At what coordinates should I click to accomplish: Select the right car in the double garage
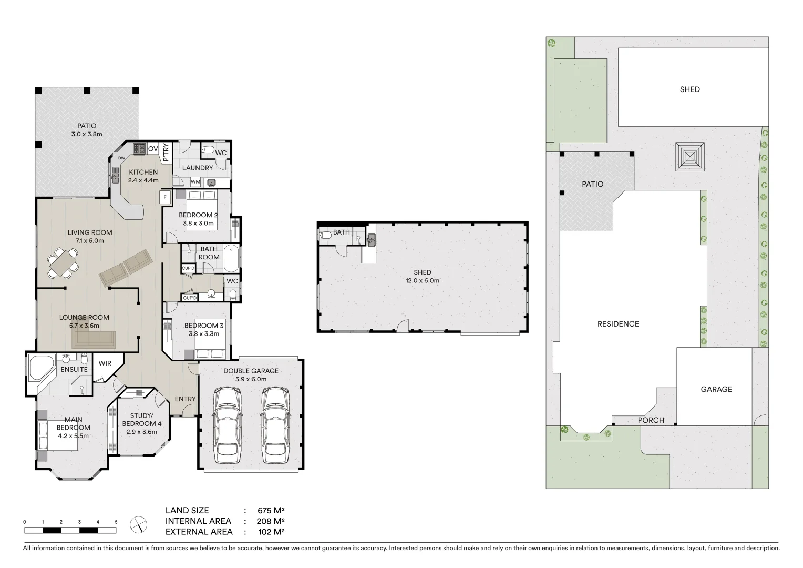tap(273, 422)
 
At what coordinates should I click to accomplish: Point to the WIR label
tap(105, 363)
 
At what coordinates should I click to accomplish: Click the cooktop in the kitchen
tap(139, 149)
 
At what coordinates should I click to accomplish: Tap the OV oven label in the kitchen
tap(153, 149)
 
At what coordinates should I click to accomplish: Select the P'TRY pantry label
tap(166, 152)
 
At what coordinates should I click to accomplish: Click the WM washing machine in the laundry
tap(195, 182)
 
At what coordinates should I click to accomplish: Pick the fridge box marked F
tap(166, 198)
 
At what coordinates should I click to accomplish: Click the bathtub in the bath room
tap(231, 258)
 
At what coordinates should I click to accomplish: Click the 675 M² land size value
tap(271, 510)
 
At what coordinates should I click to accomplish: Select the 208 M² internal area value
tap(271, 521)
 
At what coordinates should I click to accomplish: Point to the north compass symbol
tap(138, 524)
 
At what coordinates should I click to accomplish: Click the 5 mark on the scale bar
tap(116, 522)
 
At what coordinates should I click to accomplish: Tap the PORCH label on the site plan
tap(651, 420)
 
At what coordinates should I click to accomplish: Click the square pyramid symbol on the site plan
tap(689, 156)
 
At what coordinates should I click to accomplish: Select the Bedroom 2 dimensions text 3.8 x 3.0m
tap(198, 223)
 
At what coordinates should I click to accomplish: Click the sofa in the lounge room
tap(94, 340)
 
